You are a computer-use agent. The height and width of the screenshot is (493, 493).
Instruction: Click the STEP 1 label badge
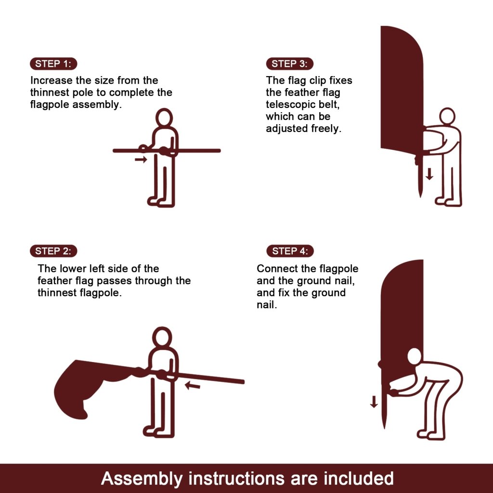[x=53, y=64]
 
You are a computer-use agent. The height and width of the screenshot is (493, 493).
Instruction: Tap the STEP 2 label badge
[x=53, y=251]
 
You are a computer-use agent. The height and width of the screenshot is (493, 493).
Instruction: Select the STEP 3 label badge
[x=290, y=64]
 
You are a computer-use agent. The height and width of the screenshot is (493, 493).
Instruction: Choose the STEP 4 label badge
[x=290, y=251]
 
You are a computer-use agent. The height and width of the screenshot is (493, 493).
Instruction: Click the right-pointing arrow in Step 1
[x=141, y=159]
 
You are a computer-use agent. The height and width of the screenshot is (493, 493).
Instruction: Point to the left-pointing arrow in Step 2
[x=193, y=385]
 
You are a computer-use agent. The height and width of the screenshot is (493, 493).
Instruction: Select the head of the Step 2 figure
[x=162, y=337]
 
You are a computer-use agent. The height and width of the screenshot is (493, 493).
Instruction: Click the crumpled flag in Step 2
[x=87, y=385]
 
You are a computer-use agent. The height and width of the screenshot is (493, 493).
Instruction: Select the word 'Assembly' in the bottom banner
[x=142, y=479]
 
